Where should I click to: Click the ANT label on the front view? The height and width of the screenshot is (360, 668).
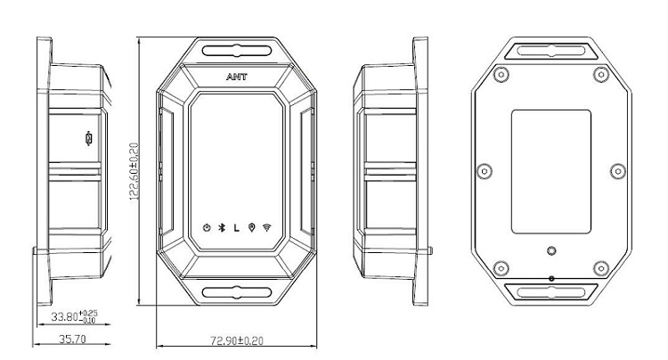(x=236, y=77)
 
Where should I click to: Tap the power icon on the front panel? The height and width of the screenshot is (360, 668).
(x=207, y=228)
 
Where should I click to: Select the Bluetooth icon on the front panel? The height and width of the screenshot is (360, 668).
(x=222, y=228)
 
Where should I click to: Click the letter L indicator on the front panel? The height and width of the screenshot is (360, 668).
(x=236, y=228)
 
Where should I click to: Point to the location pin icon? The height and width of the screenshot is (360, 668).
(x=252, y=228)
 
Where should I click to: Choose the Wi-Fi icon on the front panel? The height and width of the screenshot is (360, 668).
(x=267, y=227)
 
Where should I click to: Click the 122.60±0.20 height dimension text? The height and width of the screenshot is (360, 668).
(x=134, y=171)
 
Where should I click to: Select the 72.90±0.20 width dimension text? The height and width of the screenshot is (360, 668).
(x=237, y=340)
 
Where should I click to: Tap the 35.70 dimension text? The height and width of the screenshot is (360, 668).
(x=72, y=340)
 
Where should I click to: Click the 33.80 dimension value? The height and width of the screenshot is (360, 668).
(x=64, y=316)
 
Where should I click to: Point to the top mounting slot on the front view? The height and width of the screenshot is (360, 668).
(x=237, y=51)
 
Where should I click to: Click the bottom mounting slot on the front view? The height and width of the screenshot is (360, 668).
(x=237, y=292)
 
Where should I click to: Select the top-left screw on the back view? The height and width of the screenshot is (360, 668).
(x=501, y=75)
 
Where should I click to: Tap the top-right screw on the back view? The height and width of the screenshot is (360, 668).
(x=600, y=75)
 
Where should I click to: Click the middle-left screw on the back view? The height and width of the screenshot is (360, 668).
(x=484, y=172)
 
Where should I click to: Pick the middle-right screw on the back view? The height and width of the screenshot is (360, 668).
(x=618, y=172)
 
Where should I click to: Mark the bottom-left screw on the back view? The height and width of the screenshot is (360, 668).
(x=501, y=268)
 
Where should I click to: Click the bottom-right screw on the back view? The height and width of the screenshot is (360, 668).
(x=600, y=268)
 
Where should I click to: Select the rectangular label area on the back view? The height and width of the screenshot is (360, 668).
(x=550, y=172)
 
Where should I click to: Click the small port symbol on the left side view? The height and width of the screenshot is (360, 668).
(x=88, y=138)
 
